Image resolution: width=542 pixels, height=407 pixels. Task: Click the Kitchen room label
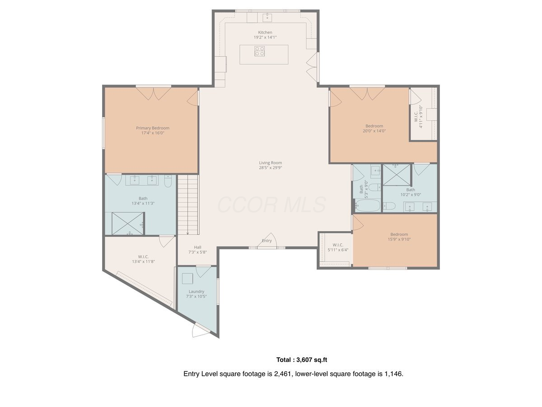click(x=265, y=33)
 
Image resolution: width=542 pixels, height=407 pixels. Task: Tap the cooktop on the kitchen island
click(x=260, y=51)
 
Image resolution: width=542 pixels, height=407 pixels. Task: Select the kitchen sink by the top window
click(x=267, y=18)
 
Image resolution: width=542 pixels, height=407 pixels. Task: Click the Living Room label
click(x=271, y=163)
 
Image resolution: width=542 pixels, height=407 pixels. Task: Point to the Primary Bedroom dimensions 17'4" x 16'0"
click(x=153, y=133)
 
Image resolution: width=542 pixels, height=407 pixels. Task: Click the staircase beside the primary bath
click(x=188, y=204)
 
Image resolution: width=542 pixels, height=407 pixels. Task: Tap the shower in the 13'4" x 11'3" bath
click(x=128, y=223)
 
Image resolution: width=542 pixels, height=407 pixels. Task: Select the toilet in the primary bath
click(x=168, y=181)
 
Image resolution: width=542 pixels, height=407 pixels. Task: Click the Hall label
click(x=197, y=247)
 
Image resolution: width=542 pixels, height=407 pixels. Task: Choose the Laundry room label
click(x=196, y=292)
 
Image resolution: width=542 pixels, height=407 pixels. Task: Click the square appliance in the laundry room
click(x=187, y=279)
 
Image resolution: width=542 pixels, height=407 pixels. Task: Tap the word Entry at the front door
click(x=266, y=241)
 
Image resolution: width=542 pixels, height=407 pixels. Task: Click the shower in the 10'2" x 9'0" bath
click(x=397, y=175)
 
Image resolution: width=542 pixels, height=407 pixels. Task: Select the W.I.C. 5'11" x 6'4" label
click(x=338, y=247)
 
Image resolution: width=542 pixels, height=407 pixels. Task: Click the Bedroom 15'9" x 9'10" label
click(x=399, y=237)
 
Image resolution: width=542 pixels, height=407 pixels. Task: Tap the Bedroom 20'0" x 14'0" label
click(x=374, y=128)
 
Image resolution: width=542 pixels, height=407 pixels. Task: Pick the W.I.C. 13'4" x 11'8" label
click(x=143, y=259)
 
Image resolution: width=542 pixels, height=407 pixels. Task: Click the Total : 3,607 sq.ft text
click(x=302, y=360)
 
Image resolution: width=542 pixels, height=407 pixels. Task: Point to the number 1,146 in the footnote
click(x=393, y=374)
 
